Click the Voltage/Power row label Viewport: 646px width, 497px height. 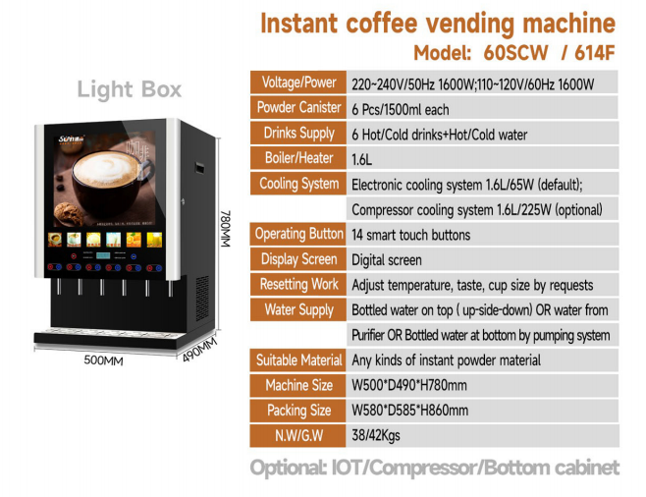click(x=298, y=83)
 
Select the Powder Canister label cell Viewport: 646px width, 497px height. click(x=298, y=108)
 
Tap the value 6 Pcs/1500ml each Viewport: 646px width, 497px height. click(x=400, y=110)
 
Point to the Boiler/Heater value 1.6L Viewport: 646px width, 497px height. click(x=361, y=159)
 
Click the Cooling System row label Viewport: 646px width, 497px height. click(x=298, y=184)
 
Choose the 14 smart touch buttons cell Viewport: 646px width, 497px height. click(x=410, y=235)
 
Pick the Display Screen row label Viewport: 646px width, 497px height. click(x=298, y=259)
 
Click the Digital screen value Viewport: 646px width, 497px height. click(x=387, y=260)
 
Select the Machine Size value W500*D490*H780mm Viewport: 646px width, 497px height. click(x=409, y=385)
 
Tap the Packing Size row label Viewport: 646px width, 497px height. click(x=298, y=411)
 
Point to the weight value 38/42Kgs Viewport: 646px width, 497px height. click(x=376, y=435)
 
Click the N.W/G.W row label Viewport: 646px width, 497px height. click(x=298, y=435)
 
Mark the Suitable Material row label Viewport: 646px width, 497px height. click(x=298, y=360)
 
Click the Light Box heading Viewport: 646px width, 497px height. click(x=130, y=89)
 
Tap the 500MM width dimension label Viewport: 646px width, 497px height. click(x=103, y=360)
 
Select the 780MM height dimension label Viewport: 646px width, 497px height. click(x=226, y=229)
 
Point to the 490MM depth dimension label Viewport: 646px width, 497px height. click(x=199, y=350)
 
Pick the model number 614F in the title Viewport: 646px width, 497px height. click(x=595, y=53)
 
